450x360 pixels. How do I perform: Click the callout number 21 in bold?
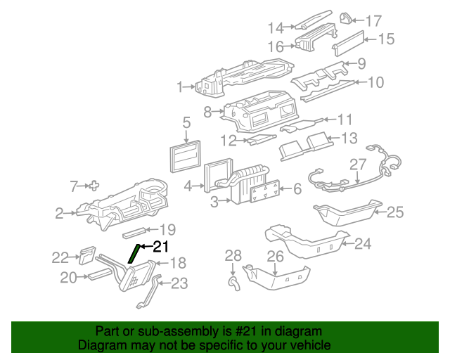(x=161, y=246)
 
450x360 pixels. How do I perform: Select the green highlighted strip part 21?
(x=134, y=252)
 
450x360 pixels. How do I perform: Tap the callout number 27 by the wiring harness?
(x=358, y=165)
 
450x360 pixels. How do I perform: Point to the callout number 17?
(x=373, y=20)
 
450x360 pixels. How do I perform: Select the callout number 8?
(x=207, y=111)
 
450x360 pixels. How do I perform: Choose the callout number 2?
(x=61, y=212)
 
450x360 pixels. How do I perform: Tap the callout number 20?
(x=67, y=278)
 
